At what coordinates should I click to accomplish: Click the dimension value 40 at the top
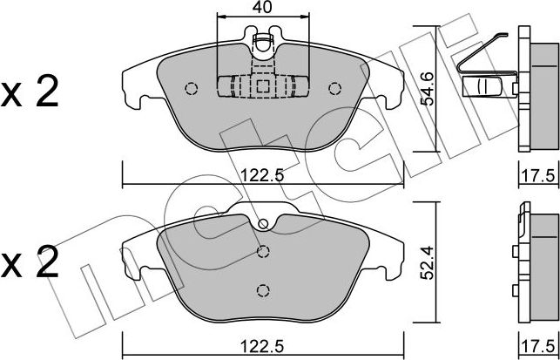click(262, 7)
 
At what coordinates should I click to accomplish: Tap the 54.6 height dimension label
click(427, 89)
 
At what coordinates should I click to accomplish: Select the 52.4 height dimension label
click(427, 262)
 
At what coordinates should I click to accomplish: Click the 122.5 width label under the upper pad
click(262, 175)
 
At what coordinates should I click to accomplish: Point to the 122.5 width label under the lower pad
click(262, 346)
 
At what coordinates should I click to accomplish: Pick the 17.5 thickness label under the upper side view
click(539, 175)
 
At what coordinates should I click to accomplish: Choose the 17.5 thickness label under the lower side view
click(539, 346)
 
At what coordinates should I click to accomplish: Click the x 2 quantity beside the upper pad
click(30, 92)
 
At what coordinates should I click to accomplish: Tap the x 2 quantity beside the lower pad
click(30, 262)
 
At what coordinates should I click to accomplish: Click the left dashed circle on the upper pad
click(192, 89)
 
